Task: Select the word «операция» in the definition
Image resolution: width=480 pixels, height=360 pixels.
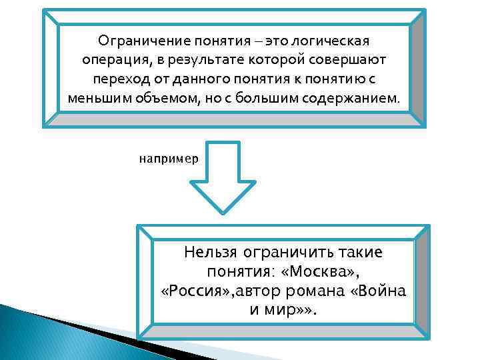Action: coord(115,61)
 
